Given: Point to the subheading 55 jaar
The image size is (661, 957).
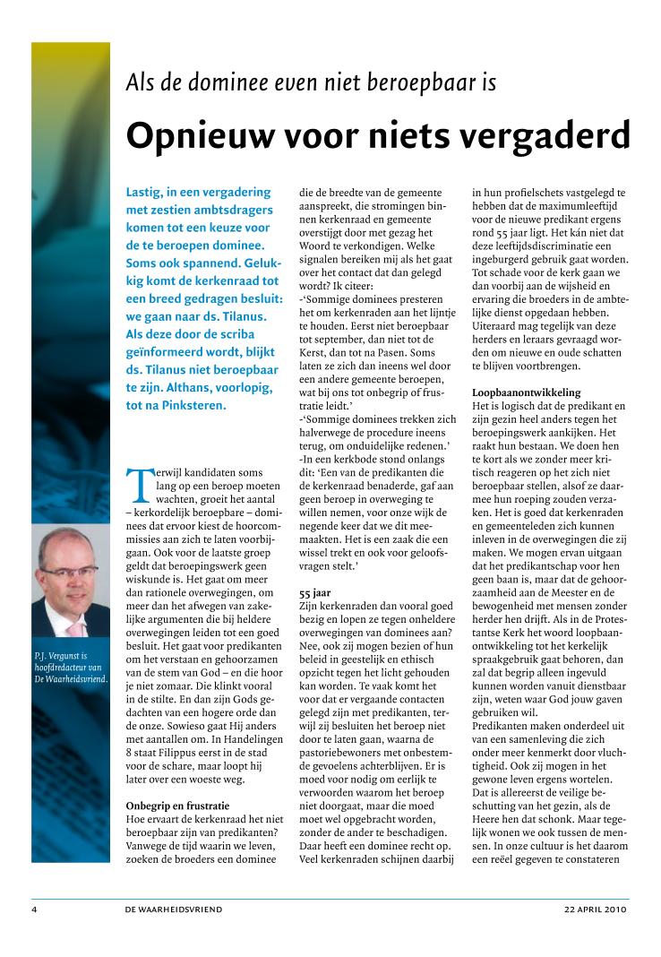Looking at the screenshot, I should point(313,593).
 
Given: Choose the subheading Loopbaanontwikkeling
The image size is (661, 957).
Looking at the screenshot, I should point(526,392).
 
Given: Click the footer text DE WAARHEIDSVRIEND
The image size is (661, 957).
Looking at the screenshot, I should point(174,910).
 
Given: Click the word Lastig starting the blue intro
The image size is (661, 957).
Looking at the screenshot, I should point(147,193).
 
